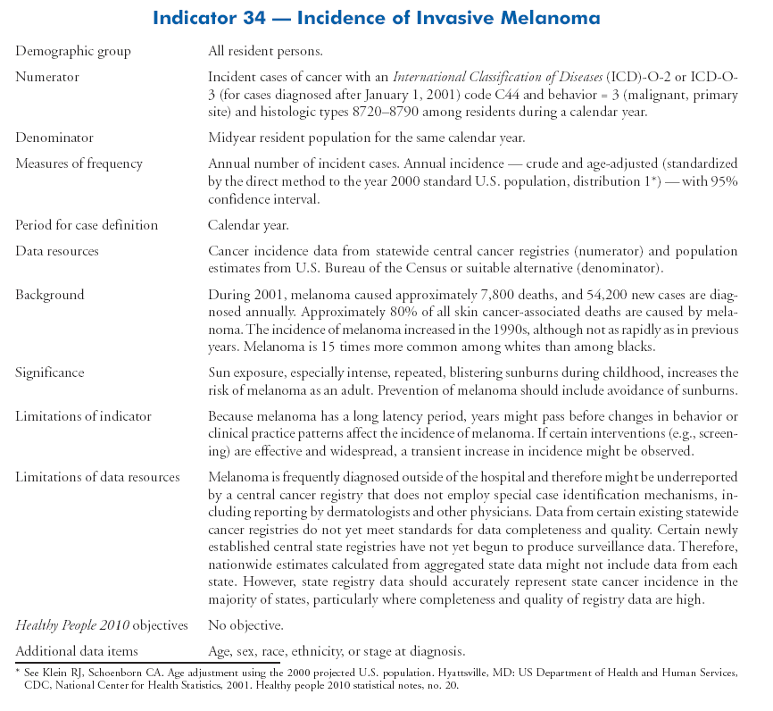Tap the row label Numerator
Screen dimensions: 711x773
point(47,77)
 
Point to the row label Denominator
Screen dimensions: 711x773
point(54,138)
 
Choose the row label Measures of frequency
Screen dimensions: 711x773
point(79,163)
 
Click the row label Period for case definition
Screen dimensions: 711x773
point(87,225)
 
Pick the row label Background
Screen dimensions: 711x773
point(50,294)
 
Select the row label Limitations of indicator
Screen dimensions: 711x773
point(83,415)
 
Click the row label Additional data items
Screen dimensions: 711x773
point(77,650)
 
